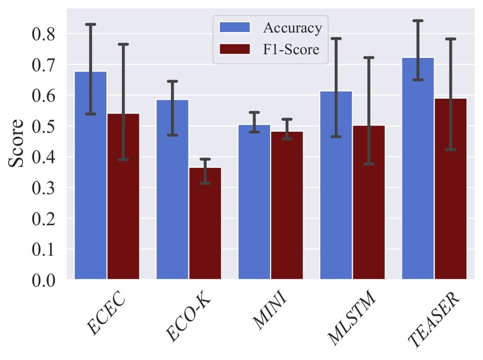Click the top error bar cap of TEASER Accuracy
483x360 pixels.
418,21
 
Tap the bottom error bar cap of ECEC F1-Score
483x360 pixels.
123,160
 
